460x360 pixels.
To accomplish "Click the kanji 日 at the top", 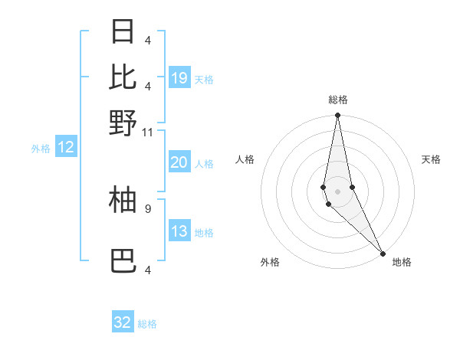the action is click(123, 32).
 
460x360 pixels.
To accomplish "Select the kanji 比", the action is click(123, 77).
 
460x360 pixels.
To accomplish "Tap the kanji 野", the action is click(123, 123).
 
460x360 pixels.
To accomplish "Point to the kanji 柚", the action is click(123, 199).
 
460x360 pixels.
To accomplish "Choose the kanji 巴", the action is click(123, 261).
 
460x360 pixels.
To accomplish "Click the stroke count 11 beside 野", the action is click(148, 132).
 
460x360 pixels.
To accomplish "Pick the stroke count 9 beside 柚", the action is click(148, 207).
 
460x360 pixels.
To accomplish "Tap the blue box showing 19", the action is click(179, 78).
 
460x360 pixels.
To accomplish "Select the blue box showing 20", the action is click(179, 162).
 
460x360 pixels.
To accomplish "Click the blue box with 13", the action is click(179, 232).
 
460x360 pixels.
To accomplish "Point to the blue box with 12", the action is click(65, 148).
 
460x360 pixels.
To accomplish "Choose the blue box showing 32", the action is click(123, 322).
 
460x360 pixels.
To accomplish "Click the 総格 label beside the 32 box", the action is click(148, 324).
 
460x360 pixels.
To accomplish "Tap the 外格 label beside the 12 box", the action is click(41, 149).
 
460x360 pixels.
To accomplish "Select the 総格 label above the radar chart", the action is click(338, 100).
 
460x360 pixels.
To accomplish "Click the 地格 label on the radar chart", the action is click(402, 263).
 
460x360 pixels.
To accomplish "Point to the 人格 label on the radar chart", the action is click(245, 159).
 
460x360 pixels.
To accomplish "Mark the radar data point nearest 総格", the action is click(337, 116).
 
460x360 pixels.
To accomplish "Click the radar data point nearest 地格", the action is click(383, 252).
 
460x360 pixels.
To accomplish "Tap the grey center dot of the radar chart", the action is click(337, 191).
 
